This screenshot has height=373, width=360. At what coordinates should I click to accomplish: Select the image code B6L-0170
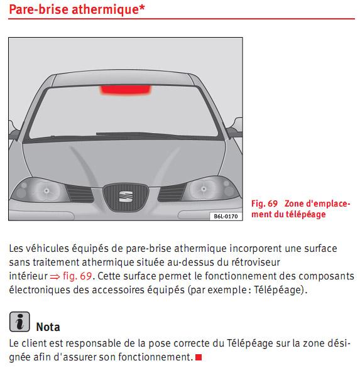click(225, 216)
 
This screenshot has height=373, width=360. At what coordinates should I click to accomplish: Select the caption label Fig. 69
click(265, 203)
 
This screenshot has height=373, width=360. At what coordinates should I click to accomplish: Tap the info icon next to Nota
click(19, 322)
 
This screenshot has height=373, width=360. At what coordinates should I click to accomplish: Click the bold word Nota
click(48, 327)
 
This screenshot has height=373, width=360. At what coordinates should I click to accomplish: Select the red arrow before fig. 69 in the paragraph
click(55, 276)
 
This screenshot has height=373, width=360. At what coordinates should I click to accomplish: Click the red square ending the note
click(199, 358)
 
